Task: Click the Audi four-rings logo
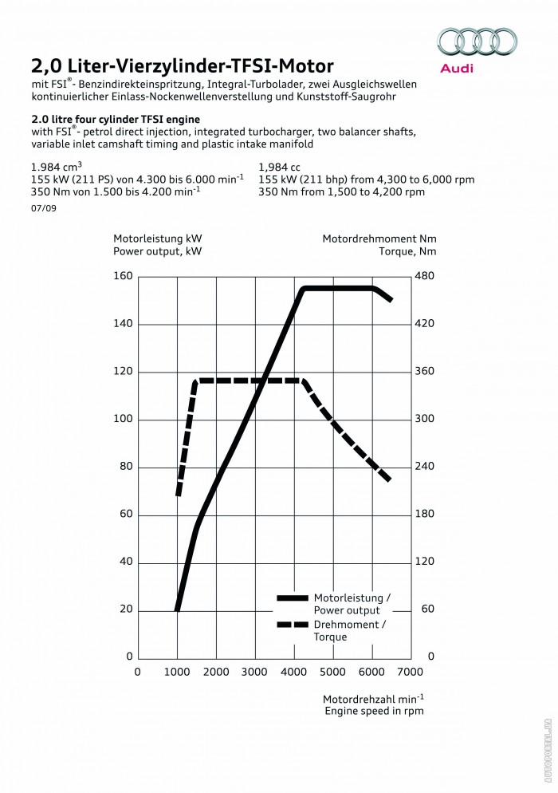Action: coord(478,41)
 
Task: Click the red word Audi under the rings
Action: coord(458,69)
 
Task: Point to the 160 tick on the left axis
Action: coord(122,276)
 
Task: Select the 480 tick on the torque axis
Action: coord(424,276)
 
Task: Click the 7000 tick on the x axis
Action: coord(410,672)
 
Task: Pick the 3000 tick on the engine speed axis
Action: coord(254,672)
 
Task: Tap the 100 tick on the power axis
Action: coord(122,420)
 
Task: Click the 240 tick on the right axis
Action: coord(424,467)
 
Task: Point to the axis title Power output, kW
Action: coord(157,251)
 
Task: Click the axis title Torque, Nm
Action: coord(407,251)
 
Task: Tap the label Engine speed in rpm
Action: coord(374,710)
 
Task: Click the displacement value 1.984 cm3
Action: coord(57,168)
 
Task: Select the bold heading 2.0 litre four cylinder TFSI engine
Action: coord(116,118)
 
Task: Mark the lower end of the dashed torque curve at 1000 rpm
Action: coord(179,495)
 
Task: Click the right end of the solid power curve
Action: coord(391,300)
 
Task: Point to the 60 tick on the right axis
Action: coord(426,610)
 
